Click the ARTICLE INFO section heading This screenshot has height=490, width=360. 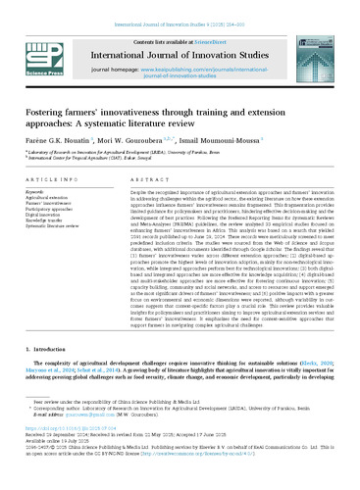49,182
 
